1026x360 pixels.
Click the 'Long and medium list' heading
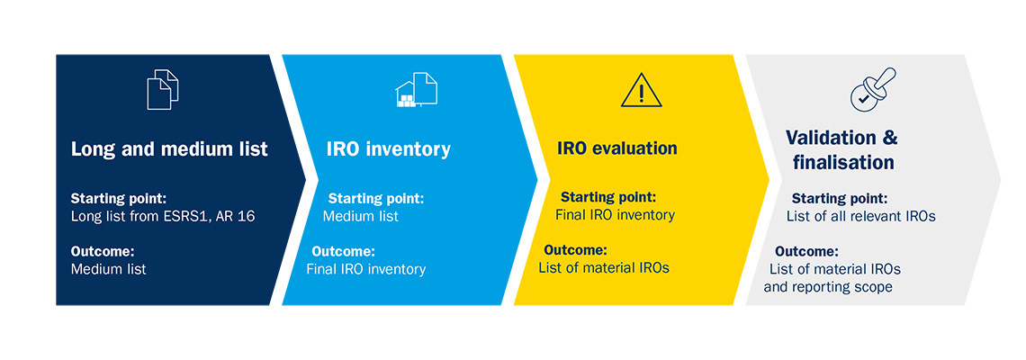[169, 149]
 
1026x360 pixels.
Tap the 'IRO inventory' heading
[389, 149]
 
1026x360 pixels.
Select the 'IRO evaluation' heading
[617, 148]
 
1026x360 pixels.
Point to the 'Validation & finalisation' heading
[842, 150]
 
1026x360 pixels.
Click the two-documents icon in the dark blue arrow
[162, 89]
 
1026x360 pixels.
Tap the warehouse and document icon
[416, 89]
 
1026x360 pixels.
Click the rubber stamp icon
[872, 89]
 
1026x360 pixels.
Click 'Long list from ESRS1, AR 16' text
[162, 216]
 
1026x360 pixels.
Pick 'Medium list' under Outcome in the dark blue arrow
[109, 269]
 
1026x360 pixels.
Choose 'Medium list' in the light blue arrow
[361, 216]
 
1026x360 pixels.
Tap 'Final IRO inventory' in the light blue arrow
[365, 269]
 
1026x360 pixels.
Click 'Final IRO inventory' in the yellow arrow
[615, 214]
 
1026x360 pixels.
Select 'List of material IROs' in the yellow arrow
[604, 267]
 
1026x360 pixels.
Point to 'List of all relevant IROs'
[861, 216]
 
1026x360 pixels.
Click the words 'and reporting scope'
[828, 287]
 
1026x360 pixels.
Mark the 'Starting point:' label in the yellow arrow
[607, 197]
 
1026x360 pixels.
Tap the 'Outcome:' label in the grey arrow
[806, 251]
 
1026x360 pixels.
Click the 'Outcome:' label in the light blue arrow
[343, 251]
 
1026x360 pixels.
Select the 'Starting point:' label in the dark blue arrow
[119, 198]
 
